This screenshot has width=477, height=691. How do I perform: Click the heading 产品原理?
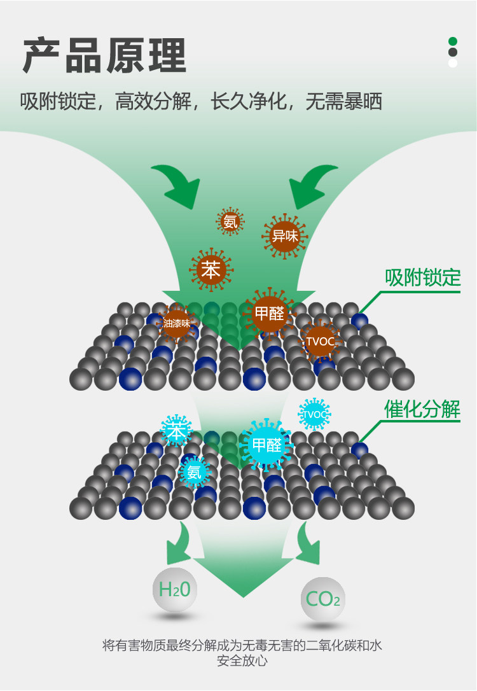(x=104, y=56)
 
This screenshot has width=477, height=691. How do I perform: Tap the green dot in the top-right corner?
(x=453, y=41)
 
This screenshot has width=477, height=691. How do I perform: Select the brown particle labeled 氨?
(x=230, y=221)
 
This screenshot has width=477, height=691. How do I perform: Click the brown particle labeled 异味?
(x=284, y=236)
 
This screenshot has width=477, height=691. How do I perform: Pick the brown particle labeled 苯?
(x=210, y=270)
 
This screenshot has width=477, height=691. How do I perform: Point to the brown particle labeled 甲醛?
(x=270, y=313)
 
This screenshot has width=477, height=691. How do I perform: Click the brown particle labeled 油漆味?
(x=176, y=323)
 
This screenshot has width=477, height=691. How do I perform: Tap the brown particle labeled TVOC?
(x=320, y=341)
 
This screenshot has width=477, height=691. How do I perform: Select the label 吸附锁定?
(x=422, y=277)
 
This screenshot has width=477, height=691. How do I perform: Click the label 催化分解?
(x=422, y=409)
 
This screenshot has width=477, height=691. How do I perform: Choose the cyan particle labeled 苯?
(x=176, y=431)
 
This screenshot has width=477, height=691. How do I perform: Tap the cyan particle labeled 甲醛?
(x=266, y=445)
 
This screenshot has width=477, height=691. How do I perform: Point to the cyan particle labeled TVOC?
(x=314, y=414)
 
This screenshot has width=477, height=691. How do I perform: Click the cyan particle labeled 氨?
(x=194, y=472)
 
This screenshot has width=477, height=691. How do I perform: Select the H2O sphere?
(x=175, y=590)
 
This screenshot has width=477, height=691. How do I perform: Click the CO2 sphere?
(x=322, y=599)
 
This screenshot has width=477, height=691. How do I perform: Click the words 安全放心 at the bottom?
(x=242, y=662)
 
